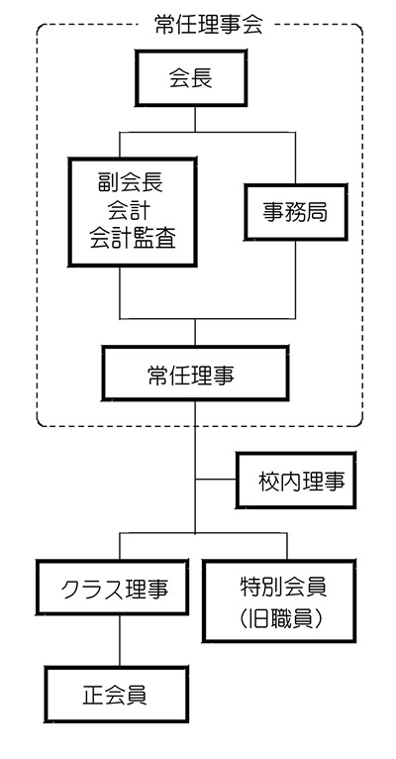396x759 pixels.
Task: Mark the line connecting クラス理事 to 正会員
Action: (x=120, y=643)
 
